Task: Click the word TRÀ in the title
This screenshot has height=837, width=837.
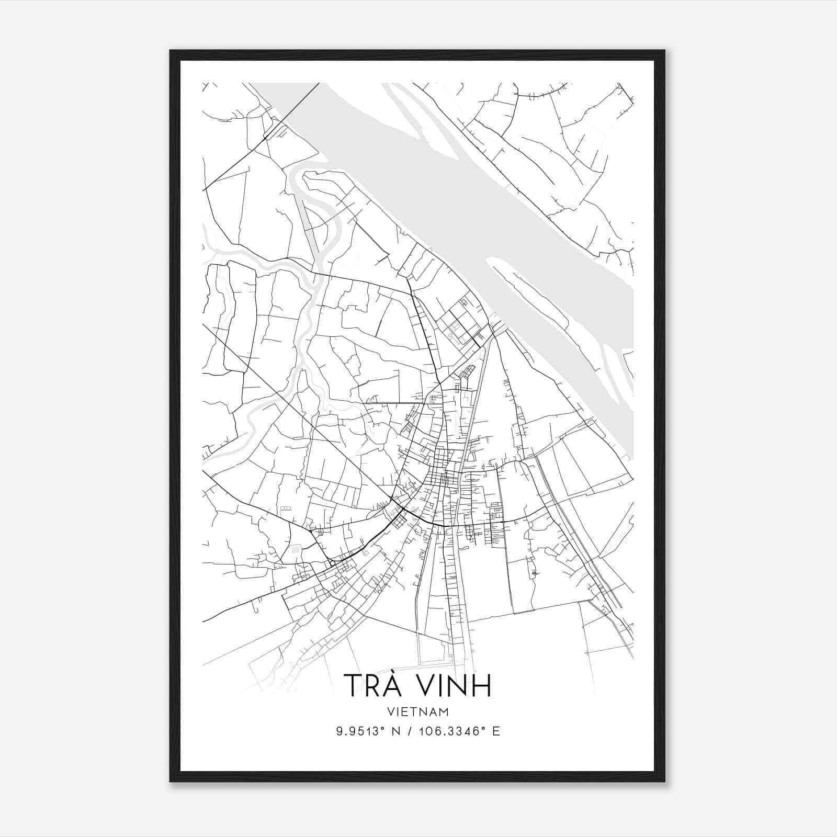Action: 372,685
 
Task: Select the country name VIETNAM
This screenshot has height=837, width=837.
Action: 418,712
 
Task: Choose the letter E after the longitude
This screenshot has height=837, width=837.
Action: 496,731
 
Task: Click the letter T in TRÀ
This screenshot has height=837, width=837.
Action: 352,686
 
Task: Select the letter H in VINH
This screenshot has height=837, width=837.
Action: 482,686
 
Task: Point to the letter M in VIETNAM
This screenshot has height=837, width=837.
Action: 444,712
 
